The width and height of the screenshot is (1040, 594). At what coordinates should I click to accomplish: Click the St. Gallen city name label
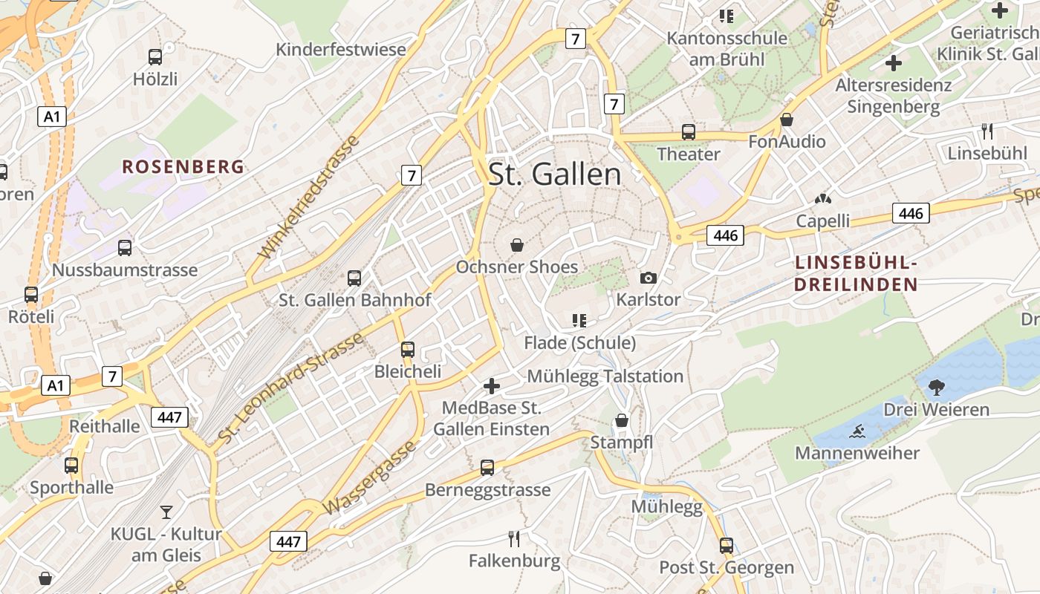554,174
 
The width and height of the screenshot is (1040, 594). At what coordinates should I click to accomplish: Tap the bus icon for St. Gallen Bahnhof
354,278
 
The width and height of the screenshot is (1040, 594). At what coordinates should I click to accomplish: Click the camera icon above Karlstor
649,278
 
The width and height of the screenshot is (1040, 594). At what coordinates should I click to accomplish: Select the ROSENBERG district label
183,166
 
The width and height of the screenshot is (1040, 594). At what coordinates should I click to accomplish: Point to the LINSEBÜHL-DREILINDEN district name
856,273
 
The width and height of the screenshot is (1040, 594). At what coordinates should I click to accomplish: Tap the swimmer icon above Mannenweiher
857,431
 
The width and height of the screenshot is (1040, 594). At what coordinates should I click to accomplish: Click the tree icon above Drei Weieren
936,387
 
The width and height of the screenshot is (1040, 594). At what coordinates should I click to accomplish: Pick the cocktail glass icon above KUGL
166,512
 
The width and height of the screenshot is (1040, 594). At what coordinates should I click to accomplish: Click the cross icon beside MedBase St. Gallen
491,386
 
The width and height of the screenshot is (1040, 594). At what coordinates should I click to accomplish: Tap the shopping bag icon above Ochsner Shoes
517,244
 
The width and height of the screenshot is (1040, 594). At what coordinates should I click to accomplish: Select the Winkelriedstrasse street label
308,196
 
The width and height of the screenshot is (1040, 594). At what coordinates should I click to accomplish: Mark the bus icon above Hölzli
155,56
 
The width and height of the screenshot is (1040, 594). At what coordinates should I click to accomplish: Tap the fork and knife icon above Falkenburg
514,538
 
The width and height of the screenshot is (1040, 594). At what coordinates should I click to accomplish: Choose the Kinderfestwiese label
341,50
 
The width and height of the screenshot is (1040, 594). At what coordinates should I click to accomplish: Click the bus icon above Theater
689,132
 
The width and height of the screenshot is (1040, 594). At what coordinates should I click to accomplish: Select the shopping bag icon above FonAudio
787,119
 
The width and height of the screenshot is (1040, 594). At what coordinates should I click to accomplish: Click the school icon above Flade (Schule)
579,321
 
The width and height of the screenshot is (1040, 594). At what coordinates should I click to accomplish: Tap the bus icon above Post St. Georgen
727,546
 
